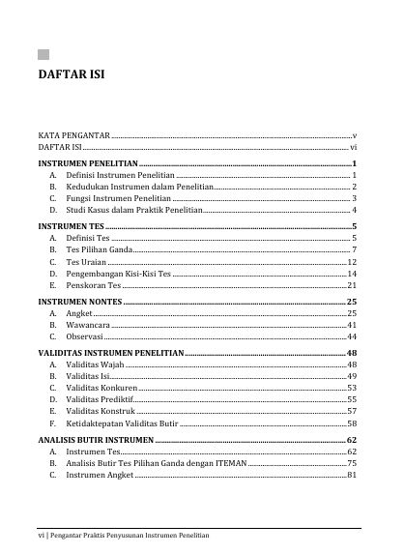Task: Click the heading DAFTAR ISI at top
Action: pyautogui.click(x=72, y=73)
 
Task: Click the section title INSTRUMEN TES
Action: pyautogui.click(x=70, y=226)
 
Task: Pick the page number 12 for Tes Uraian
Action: pyautogui.click(x=353, y=261)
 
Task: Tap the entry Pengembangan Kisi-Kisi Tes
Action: pyautogui.click(x=118, y=274)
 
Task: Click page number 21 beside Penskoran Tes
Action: pyautogui.click(x=353, y=285)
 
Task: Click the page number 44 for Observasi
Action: pyautogui.click(x=353, y=337)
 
